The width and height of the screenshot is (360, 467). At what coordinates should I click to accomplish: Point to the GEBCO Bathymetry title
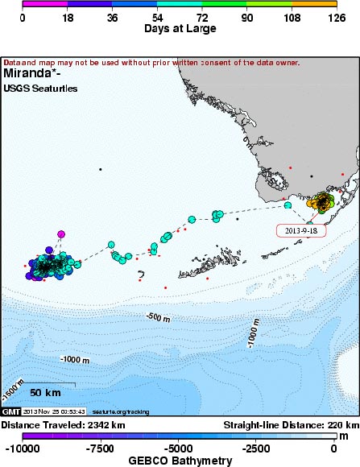tap(180, 461)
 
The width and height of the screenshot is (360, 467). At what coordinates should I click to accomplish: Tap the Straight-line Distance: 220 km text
tap(290, 424)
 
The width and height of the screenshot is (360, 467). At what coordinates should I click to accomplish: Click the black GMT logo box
tap(10, 411)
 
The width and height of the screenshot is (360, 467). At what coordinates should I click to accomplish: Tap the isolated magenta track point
tap(60, 234)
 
